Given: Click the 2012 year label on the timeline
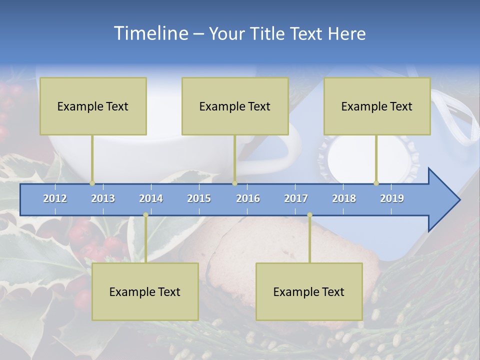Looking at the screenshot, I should coord(55,198).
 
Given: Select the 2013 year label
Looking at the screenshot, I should coord(103,198).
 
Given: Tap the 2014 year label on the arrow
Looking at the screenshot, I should coord(151,198).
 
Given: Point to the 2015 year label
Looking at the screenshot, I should coord(199,198).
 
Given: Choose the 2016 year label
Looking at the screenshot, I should coord(248,198).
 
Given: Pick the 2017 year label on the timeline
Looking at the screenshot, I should coord(296,198).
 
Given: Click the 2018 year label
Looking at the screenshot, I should coord(344,198).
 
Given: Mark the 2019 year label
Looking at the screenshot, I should coord(392,198).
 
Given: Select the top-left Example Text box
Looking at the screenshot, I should coord(93,106).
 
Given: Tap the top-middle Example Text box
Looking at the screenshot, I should coord(235,106).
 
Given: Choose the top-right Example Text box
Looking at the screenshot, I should coord(377,106).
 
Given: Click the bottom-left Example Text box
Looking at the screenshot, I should coord(145,291).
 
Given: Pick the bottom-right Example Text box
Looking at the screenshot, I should coord(309,291).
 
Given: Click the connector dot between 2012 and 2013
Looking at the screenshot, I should coord(92,183).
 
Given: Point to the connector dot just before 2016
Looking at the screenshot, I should coord(234,183).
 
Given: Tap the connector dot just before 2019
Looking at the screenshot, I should coord(376,183).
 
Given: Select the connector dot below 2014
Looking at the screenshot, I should coord(145,215).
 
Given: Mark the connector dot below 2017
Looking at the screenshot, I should coord(309,215).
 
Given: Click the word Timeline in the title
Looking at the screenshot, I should coord(150,33).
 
